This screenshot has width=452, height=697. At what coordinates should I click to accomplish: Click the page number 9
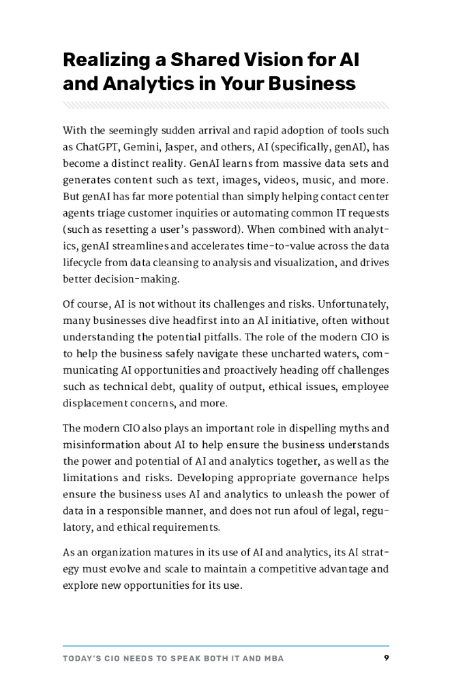pos(386,658)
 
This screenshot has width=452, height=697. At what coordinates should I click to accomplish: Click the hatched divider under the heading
pos(226,105)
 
